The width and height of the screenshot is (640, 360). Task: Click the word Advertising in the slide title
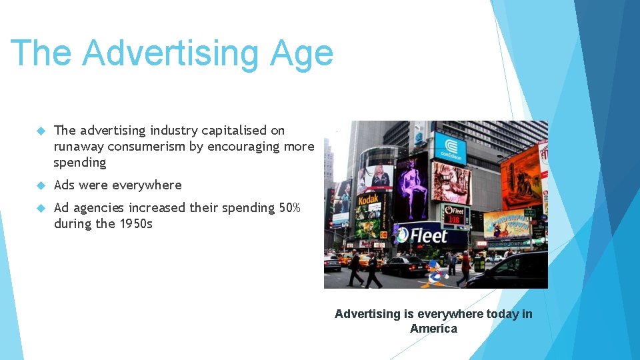[x=171, y=53]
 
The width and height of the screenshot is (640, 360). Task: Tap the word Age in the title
[x=301, y=53]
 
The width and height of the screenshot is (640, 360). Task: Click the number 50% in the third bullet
[x=290, y=208]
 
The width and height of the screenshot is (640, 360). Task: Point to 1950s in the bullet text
[x=135, y=224]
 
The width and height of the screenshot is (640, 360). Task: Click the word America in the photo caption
[x=433, y=329]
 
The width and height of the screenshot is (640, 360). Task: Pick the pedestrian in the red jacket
[x=465, y=267]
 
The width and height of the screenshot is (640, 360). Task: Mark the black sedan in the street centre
[x=403, y=266]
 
